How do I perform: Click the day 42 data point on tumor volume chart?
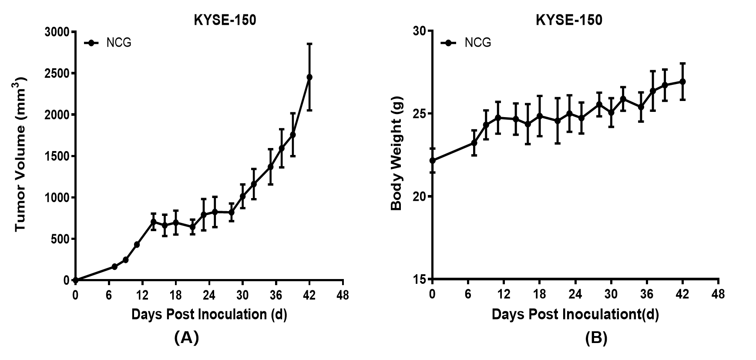click(x=309, y=77)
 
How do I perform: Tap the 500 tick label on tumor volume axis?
click(x=60, y=239)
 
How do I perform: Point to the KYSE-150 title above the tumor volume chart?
click(x=225, y=20)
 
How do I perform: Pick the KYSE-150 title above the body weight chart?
click(x=569, y=20)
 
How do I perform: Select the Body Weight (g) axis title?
click(x=396, y=154)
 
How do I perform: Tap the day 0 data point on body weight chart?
click(x=432, y=161)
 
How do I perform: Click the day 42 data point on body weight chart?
click(x=682, y=81)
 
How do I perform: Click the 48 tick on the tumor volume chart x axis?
click(x=343, y=295)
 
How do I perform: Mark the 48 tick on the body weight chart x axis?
click(x=718, y=294)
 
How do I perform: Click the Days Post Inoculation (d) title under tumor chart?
click(x=209, y=314)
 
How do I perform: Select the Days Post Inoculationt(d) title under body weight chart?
click(x=575, y=314)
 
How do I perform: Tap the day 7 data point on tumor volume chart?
click(x=114, y=266)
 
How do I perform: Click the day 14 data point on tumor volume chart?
click(x=153, y=222)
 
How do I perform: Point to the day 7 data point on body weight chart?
click(x=474, y=143)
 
